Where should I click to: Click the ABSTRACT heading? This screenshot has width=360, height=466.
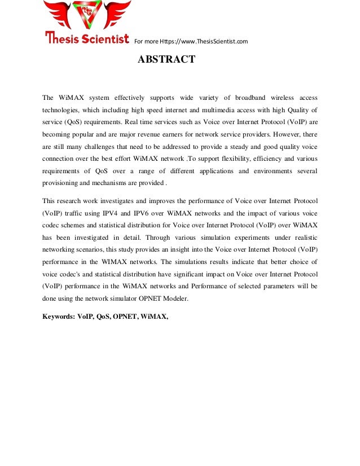coord(167,60)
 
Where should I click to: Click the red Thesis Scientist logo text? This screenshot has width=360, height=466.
coord(87,38)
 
